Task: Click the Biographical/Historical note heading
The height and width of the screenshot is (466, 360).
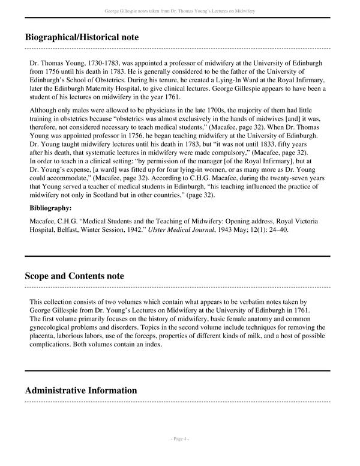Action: (x=82, y=37)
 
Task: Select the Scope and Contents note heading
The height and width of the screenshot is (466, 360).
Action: (x=74, y=276)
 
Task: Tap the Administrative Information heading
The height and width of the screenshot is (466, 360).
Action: (x=81, y=390)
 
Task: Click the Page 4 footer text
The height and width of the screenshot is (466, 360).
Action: (x=179, y=439)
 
